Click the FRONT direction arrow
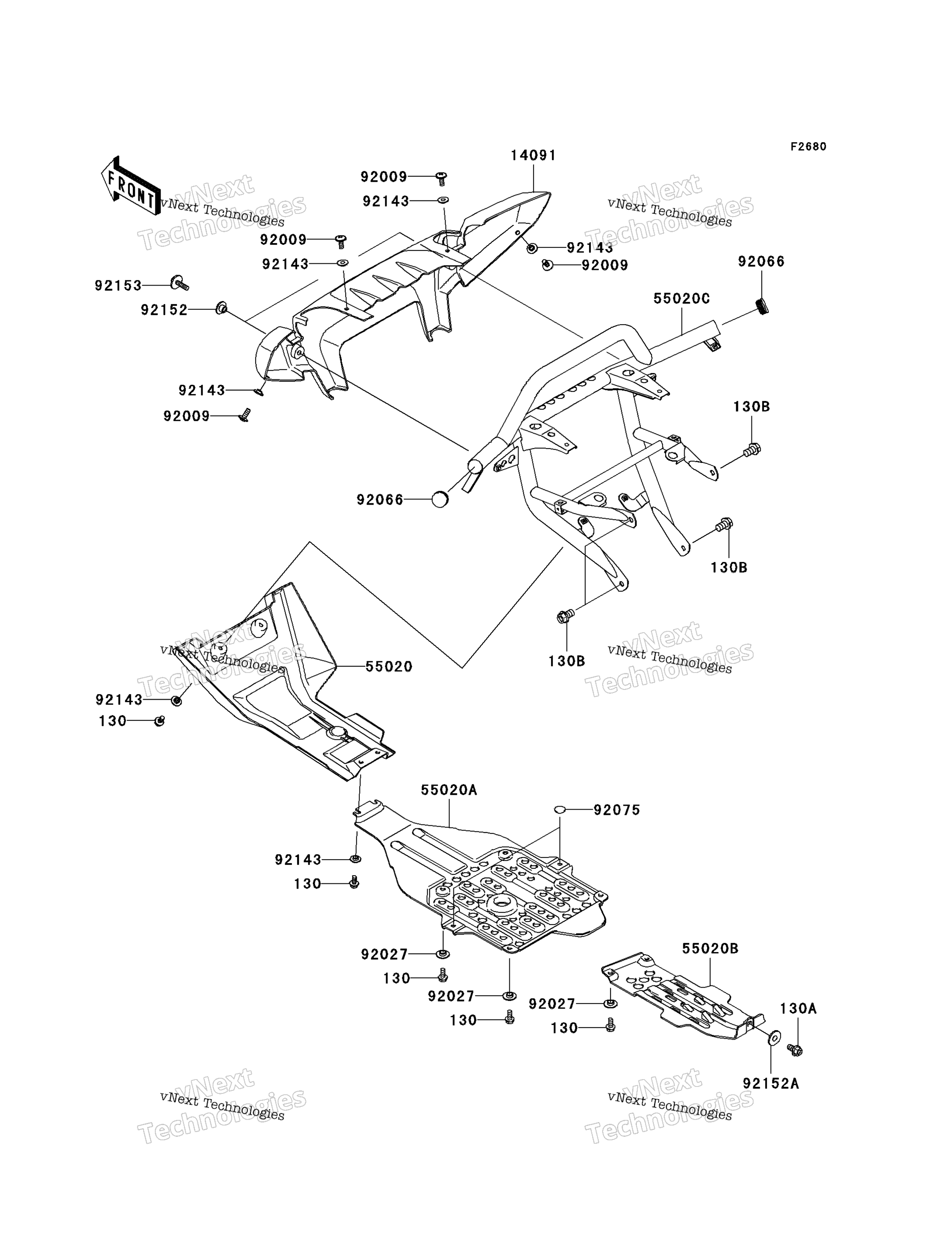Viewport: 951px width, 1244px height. click(131, 186)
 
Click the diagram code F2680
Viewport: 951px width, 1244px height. click(808, 147)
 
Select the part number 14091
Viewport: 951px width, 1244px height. click(533, 155)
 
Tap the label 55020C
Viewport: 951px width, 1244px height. click(682, 299)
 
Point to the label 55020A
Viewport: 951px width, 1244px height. click(449, 790)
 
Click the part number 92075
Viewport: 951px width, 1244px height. click(617, 810)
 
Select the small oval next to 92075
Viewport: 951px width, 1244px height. click(559, 810)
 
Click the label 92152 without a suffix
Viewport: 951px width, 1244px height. click(164, 310)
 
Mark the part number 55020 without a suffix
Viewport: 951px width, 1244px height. click(389, 667)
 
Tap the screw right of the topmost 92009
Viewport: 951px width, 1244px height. click(442, 178)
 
